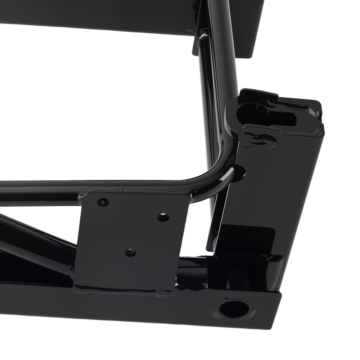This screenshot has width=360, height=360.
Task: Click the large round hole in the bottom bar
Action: [x=234, y=309]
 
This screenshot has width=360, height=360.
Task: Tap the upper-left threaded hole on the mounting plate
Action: [x=103, y=202]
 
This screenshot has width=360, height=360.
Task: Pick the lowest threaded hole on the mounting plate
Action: [x=131, y=252]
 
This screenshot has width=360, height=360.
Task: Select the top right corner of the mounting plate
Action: [x=188, y=196]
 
